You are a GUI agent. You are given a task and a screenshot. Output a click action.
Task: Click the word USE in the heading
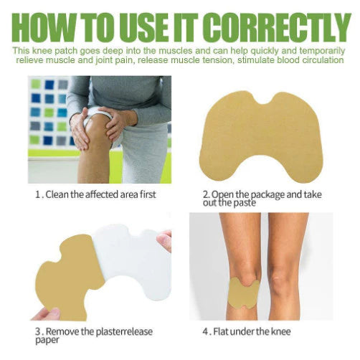142,28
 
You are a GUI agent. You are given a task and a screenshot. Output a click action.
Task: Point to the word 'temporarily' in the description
322,51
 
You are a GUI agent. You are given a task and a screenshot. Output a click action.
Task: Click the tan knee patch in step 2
261,137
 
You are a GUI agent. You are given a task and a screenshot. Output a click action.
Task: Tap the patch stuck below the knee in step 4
243,293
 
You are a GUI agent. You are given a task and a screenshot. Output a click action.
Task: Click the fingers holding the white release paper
165,240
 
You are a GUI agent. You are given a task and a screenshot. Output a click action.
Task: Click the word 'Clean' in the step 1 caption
57,194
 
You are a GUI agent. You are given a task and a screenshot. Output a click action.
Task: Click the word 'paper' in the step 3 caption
47,341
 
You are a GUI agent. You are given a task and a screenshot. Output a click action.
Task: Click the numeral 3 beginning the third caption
38,332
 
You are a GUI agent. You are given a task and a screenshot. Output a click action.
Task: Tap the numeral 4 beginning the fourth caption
206,332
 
